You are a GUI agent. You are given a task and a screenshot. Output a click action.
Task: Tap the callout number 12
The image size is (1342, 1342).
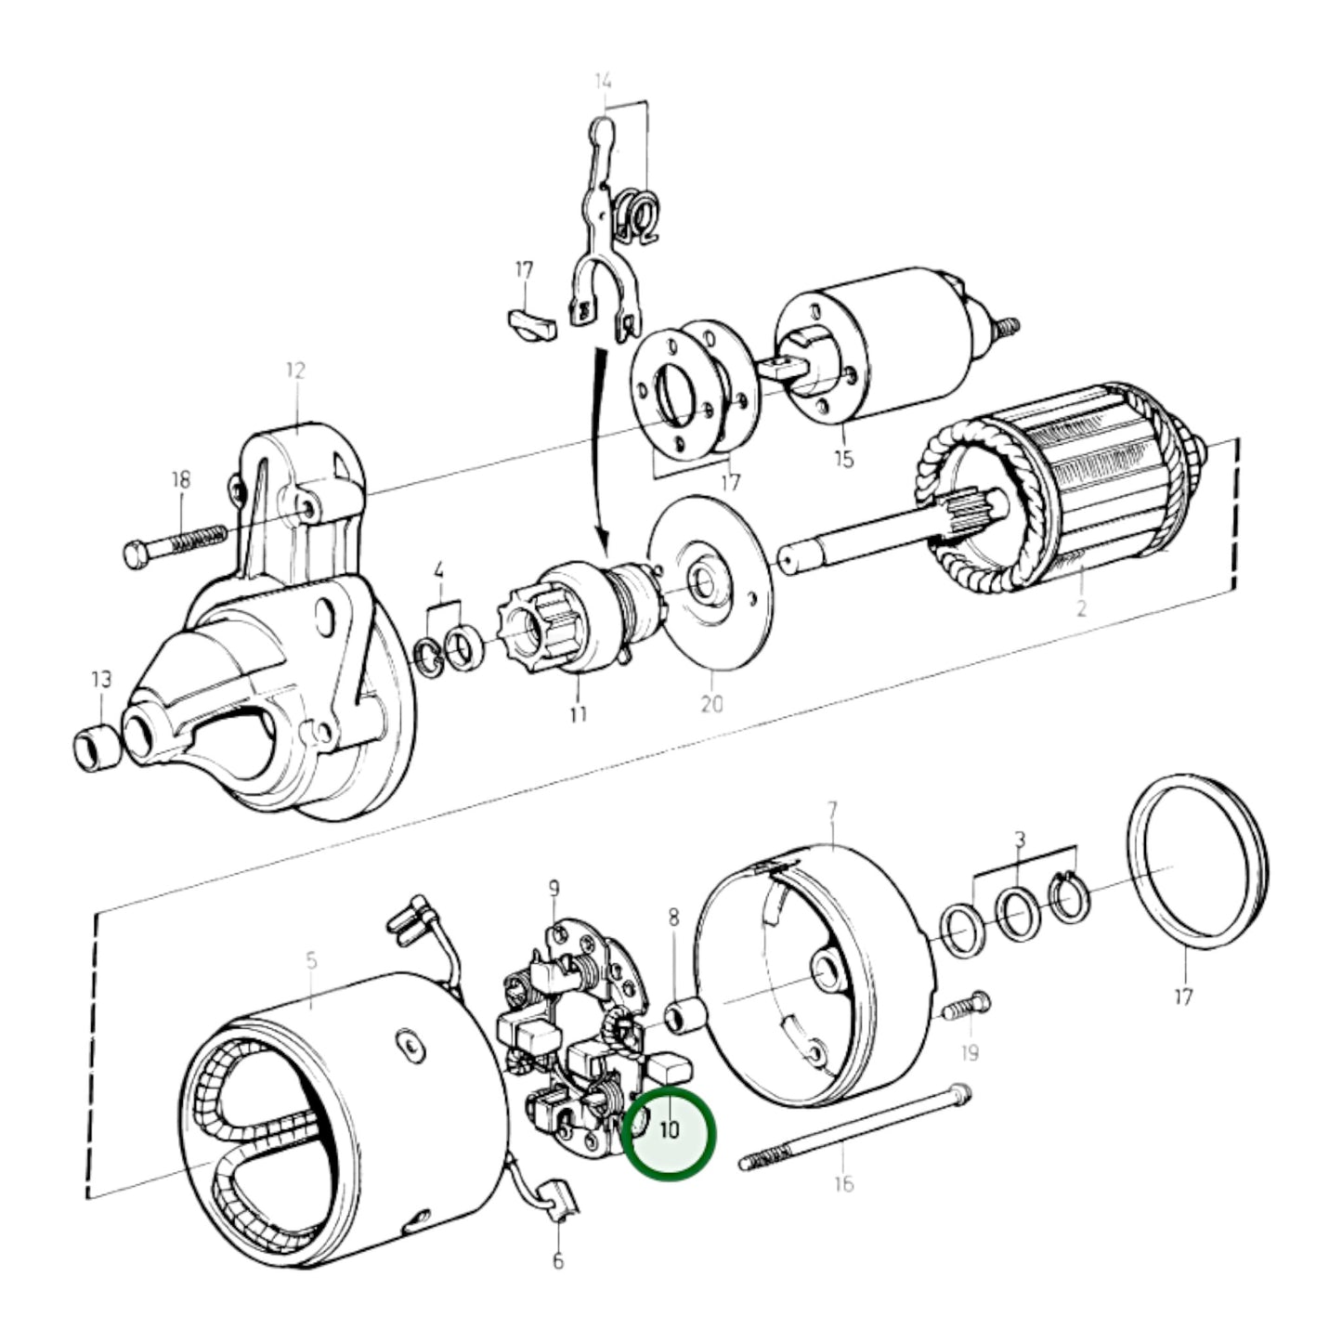[295, 371]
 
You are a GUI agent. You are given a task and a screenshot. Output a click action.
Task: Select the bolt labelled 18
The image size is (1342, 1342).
[174, 544]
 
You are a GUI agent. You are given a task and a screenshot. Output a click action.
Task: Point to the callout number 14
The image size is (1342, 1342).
[604, 82]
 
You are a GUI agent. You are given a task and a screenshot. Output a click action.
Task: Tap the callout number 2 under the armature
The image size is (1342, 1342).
[1081, 609]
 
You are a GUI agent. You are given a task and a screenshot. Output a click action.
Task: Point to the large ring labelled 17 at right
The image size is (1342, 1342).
[1195, 867]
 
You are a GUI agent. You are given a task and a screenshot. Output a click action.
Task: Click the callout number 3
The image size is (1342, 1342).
[1020, 840]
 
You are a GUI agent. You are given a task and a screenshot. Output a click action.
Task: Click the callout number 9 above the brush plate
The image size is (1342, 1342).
[554, 889]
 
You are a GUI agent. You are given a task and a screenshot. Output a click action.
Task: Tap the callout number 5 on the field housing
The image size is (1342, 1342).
[311, 960]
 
